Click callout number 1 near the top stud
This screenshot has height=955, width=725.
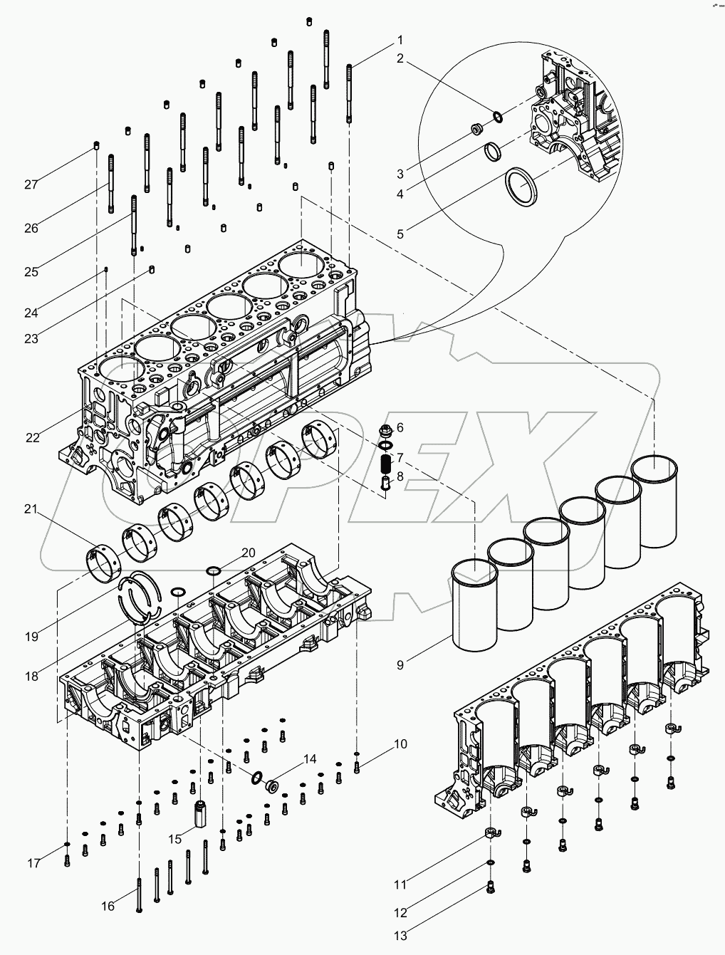(400, 39)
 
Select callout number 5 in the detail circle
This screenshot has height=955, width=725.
(401, 234)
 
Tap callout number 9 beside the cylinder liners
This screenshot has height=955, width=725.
(400, 665)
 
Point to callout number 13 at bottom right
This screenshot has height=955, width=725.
(401, 936)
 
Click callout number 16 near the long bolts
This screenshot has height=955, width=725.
(108, 906)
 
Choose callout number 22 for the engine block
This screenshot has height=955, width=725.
(33, 437)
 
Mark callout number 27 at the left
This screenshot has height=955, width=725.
(31, 184)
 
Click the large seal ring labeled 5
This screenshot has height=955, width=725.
(522, 187)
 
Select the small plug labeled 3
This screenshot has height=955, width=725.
(477, 130)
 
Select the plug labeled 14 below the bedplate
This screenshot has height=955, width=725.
(272, 786)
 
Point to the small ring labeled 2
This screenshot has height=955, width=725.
(497, 115)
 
